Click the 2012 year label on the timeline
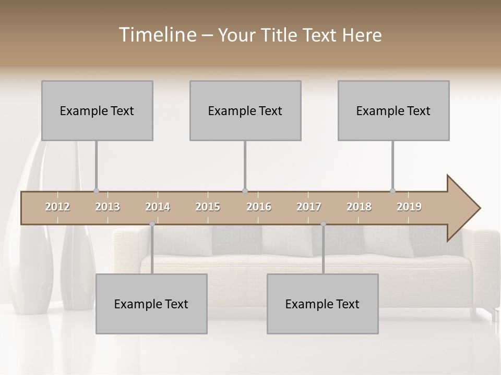tap(57, 207)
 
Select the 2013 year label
tap(108, 207)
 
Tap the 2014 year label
tap(158, 207)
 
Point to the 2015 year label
tap(208, 207)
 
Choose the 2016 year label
tap(259, 207)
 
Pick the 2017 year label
tap(309, 207)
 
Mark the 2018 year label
tap(359, 207)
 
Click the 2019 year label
tap(409, 207)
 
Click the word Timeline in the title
tap(157, 35)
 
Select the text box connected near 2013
tap(97, 110)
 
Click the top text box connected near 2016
tap(245, 110)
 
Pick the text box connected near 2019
tap(393, 110)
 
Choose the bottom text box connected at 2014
tap(151, 304)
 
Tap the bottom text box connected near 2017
tap(323, 304)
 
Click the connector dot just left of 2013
tap(96, 191)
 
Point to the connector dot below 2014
tap(152, 224)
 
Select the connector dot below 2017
tap(323, 224)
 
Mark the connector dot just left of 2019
tap(392, 191)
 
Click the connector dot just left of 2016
tap(245, 191)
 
